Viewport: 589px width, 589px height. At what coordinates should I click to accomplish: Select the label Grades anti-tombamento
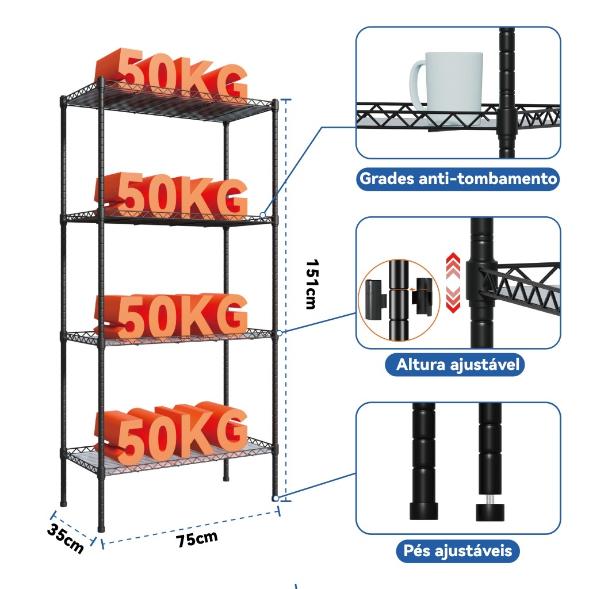pos(458,178)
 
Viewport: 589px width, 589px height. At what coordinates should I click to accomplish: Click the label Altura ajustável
pos(458,364)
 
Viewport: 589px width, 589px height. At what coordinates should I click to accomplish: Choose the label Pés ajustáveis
pos(458,551)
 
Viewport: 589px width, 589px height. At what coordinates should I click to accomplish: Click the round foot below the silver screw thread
pos(491,511)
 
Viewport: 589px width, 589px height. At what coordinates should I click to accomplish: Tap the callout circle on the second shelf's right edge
pos(263,216)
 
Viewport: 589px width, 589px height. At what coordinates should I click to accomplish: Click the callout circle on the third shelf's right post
pos(280,332)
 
